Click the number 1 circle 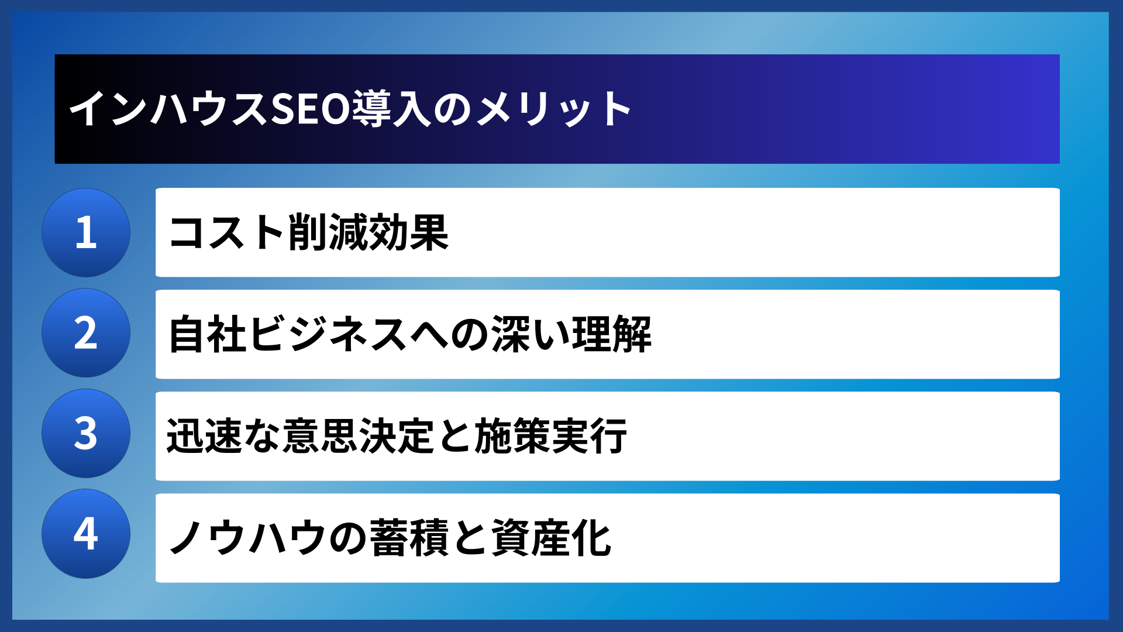86,232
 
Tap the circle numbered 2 86,333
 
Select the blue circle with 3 86,434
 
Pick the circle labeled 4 86,534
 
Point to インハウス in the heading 168,109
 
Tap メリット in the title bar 553,109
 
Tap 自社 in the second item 208,334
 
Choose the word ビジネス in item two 328,334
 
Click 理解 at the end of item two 611,334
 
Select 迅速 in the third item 205,436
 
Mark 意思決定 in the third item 359,436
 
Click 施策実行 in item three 550,436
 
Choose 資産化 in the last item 551,538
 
